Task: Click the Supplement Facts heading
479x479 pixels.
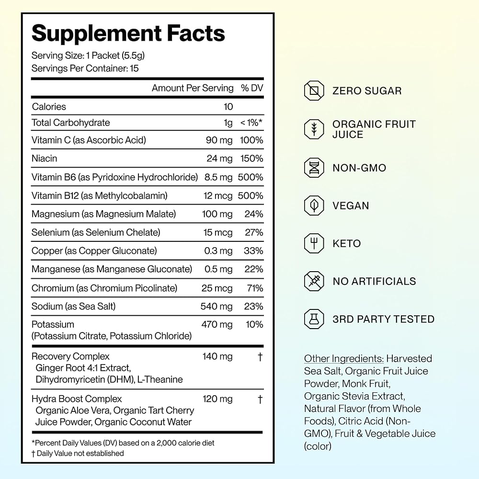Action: tap(128, 34)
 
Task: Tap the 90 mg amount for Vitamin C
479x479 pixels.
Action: tap(219, 140)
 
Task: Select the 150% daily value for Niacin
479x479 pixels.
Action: tap(251, 159)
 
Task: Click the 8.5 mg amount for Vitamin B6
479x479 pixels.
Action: tap(218, 177)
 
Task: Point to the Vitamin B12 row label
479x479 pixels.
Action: tap(99, 195)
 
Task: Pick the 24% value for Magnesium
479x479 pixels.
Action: tap(253, 214)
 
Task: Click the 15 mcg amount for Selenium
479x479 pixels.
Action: tap(218, 232)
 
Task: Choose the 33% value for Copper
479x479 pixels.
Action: tap(253, 251)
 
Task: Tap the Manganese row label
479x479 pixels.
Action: tap(112, 269)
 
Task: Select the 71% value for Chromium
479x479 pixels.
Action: tap(255, 288)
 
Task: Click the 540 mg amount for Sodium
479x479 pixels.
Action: tap(217, 307)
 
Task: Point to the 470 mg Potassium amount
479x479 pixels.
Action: tap(217, 324)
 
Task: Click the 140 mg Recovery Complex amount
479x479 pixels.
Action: tap(217, 356)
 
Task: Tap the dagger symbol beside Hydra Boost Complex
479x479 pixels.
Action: tap(260, 399)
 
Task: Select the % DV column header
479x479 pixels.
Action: tap(252, 88)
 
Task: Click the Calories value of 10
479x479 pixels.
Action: tap(228, 107)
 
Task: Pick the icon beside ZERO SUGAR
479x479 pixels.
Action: tap(314, 91)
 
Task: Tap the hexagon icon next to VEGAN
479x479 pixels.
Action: tap(314, 205)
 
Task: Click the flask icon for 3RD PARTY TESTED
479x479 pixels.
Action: tap(314, 319)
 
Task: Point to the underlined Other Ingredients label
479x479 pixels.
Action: tap(343, 358)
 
